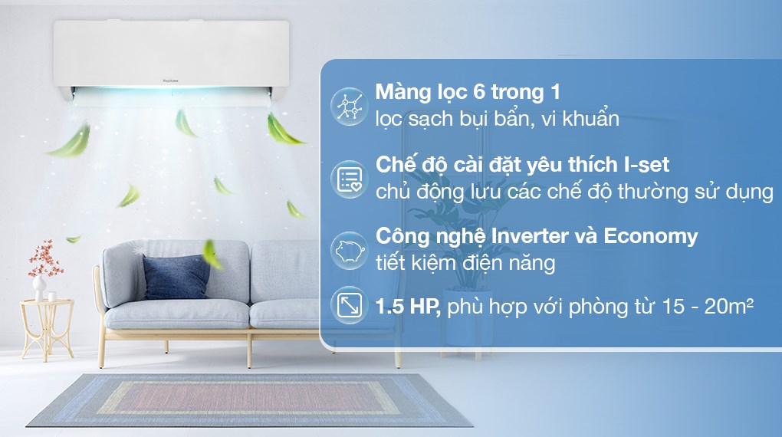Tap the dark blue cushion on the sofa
pyautogui.click(x=176, y=277)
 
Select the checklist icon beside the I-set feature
pyautogui.click(x=350, y=179)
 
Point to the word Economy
pyautogui.click(x=651, y=236)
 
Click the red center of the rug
pyautogui.click(x=252, y=399)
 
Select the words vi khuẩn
pyautogui.click(x=582, y=120)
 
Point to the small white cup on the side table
pyautogui.click(x=52, y=295)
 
